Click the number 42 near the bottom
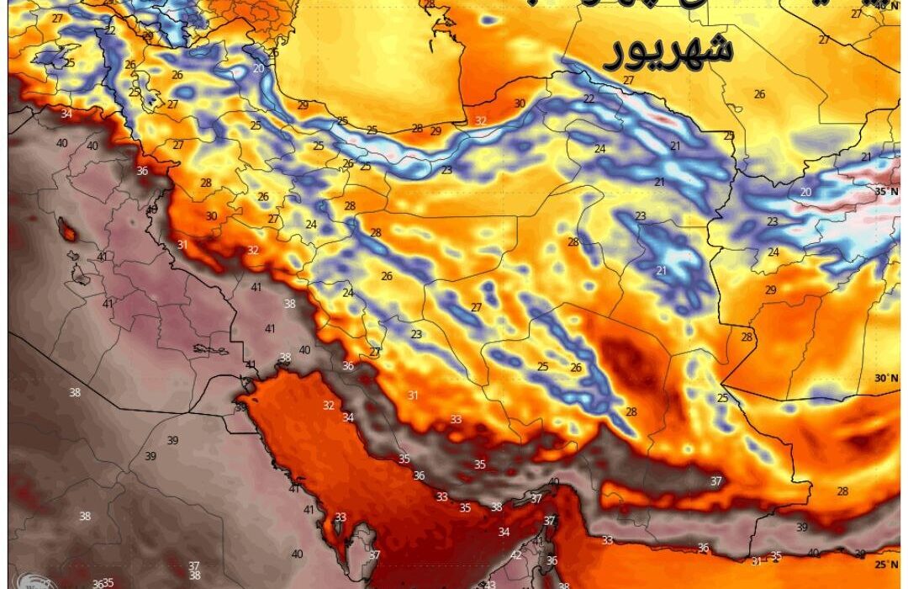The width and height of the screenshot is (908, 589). [515, 555]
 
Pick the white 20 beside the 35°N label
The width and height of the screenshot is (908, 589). [806, 192]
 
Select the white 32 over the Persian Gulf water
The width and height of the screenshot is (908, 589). [329, 406]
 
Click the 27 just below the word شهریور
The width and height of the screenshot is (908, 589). [629, 80]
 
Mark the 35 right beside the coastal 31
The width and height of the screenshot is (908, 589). [775, 555]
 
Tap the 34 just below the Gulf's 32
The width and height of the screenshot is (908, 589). [348, 417]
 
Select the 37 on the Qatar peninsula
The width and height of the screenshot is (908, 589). [374, 555]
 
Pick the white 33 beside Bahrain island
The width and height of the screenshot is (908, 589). [340, 517]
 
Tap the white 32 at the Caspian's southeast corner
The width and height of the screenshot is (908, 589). [480, 121]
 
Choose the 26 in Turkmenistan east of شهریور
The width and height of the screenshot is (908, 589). [759, 94]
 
